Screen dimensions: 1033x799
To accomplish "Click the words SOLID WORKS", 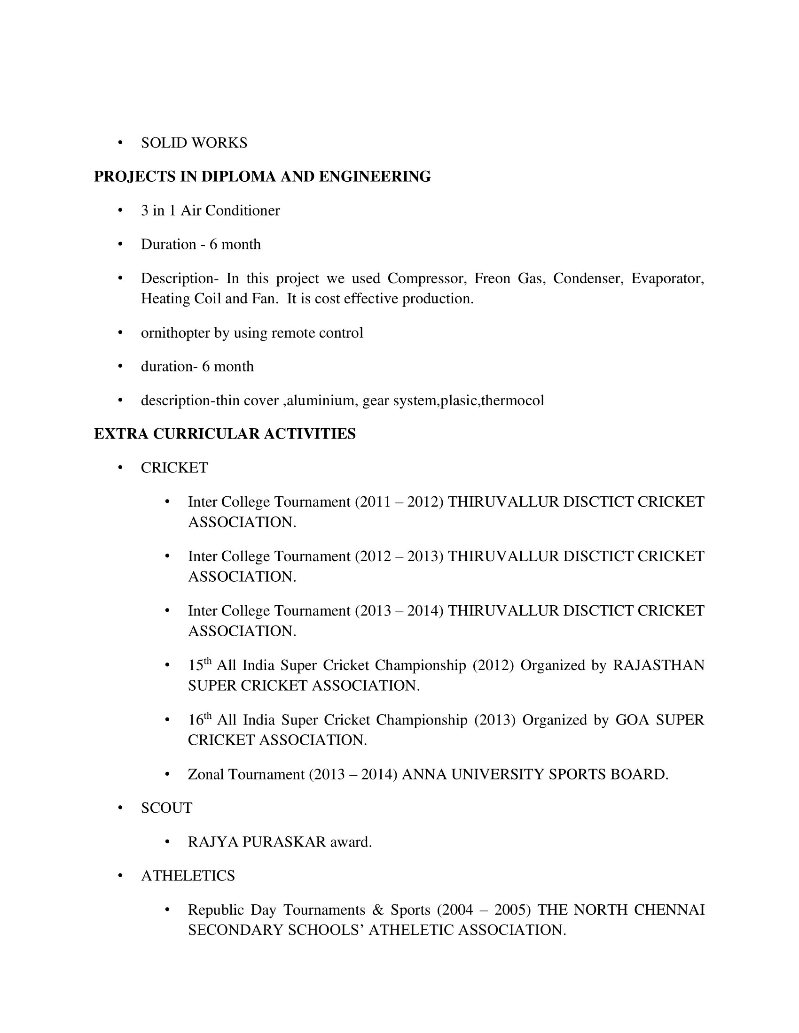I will [x=194, y=143].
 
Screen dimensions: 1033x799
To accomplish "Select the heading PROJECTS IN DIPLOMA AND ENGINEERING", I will [x=262, y=177].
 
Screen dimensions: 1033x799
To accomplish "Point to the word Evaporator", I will [x=667, y=278].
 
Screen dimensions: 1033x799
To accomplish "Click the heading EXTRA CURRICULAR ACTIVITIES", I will [x=225, y=434].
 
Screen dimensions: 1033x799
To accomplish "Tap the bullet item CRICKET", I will [x=174, y=468].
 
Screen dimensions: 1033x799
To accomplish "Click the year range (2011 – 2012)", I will [x=399, y=502].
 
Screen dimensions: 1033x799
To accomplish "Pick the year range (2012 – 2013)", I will [x=399, y=556].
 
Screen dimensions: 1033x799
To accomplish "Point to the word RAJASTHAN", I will [x=658, y=665].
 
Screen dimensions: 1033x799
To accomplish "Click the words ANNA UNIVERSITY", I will [x=473, y=774].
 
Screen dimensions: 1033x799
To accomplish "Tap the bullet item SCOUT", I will [x=167, y=808].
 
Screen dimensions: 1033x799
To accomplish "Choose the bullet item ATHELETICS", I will [x=188, y=876].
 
